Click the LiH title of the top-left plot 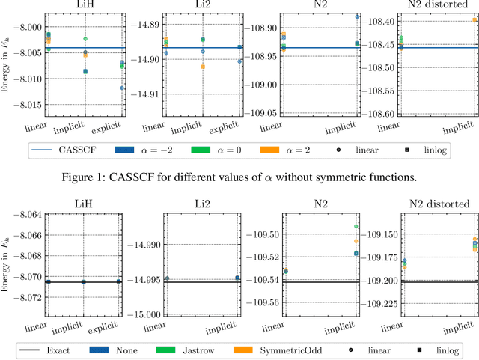coord(82,7)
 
